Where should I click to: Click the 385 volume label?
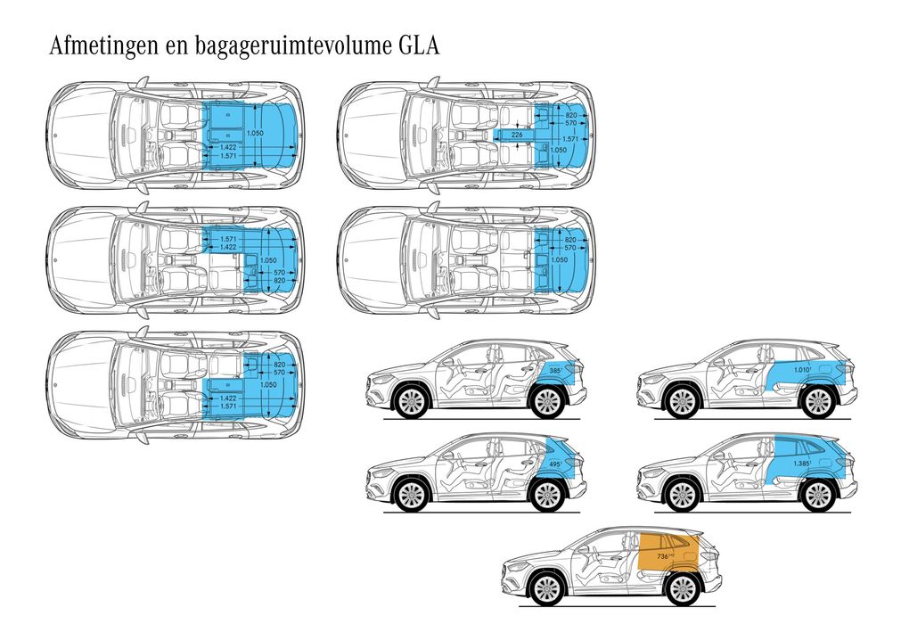coord(555,370)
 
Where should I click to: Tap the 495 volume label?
coord(554,465)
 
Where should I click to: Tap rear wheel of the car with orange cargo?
coord(683,588)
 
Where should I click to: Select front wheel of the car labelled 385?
coord(411,401)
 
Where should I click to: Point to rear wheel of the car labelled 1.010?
coord(817,401)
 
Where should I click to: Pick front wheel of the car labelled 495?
coord(411,495)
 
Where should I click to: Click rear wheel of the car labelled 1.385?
coord(817,495)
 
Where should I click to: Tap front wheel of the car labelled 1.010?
coord(681,401)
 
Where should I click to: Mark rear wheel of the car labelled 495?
coord(547,495)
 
